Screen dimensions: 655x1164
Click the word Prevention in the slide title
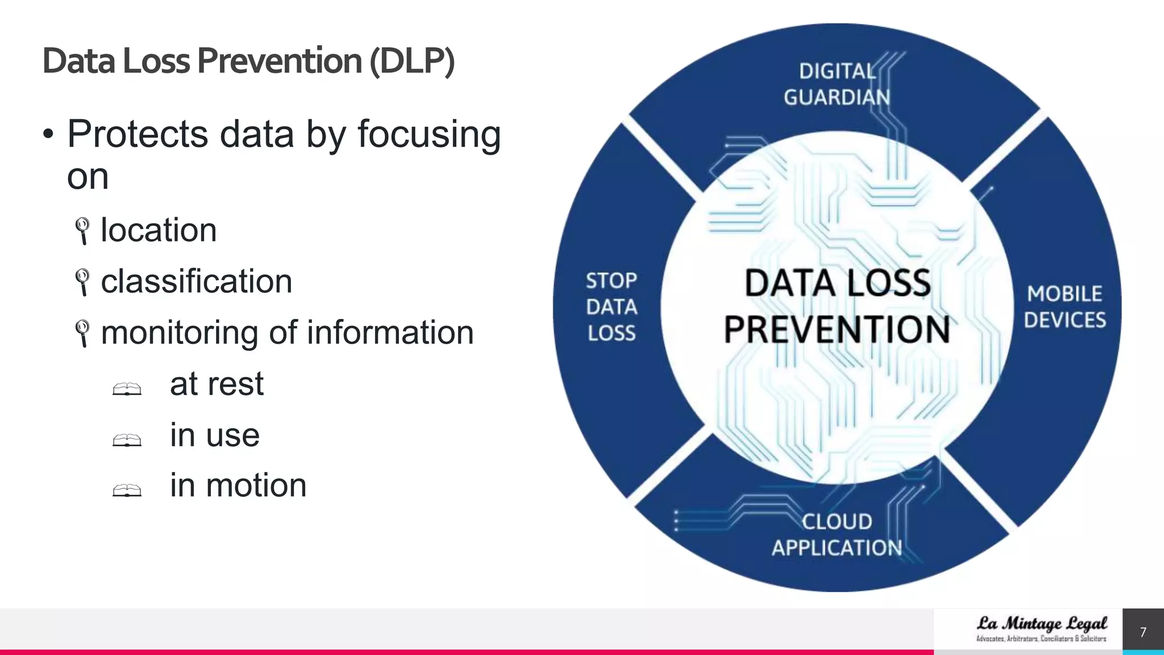coord(279,61)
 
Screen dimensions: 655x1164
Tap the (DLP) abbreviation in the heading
coord(412,61)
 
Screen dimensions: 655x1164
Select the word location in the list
coord(159,230)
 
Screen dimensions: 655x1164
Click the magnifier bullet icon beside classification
coord(83,281)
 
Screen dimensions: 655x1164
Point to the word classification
coord(196,281)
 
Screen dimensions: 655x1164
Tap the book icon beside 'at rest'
coord(127,389)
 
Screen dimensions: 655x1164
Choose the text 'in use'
coord(214,435)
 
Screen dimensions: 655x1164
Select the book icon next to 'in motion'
coord(127,490)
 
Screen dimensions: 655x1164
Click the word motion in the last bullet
coord(256,486)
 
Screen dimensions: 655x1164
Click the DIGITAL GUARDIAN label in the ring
coord(837,84)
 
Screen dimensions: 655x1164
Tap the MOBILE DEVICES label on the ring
coord(1065,307)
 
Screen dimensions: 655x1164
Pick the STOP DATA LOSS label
coord(612,307)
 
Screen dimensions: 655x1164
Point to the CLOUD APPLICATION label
coord(837,535)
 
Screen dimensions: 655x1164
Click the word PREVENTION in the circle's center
coord(837,330)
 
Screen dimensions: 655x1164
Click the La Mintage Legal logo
coord(1041,628)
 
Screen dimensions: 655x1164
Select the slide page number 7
coord(1143,632)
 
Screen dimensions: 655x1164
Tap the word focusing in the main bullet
coord(429,135)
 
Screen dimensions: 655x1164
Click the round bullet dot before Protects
coord(48,135)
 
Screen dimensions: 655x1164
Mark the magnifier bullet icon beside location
coord(83,230)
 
